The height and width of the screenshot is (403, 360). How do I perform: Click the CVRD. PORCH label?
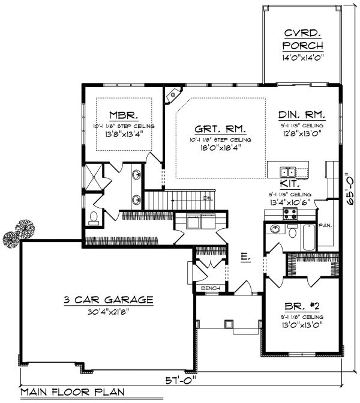click(302, 40)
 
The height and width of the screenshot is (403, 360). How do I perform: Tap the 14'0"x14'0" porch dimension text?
click(302, 58)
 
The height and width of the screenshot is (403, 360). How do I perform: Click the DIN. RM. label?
click(302, 114)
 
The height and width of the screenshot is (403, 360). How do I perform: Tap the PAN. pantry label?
click(326, 226)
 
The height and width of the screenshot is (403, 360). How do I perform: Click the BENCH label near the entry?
click(210, 288)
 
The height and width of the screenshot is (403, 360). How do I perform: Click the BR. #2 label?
click(302, 305)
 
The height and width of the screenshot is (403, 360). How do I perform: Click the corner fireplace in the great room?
click(174, 94)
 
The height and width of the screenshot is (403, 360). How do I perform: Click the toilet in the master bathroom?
click(93, 217)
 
